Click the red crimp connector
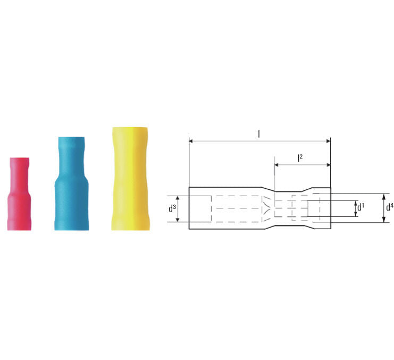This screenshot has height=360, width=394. pos(19,194)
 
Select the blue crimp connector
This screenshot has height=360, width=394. pos(71,183)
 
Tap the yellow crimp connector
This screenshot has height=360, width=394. pos(130,179)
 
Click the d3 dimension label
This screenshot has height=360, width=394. pos(172,208)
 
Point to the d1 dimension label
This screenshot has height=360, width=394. pos(361,207)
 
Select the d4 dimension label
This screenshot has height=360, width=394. pos(390,207)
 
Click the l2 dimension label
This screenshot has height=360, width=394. pos(300,158)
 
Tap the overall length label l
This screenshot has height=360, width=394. pos(259,134)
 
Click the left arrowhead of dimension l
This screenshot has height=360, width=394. pos(191,141)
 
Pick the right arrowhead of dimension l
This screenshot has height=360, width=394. pos(329,141)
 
